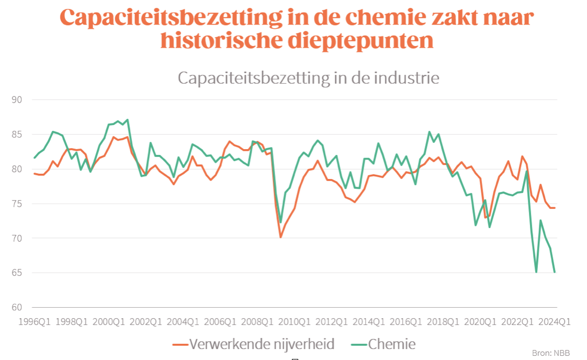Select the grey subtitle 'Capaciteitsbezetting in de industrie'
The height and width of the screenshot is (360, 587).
pyautogui.click(x=308, y=78)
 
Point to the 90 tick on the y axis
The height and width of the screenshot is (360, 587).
pyautogui.click(x=22, y=99)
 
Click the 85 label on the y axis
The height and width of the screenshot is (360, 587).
pyautogui.click(x=22, y=134)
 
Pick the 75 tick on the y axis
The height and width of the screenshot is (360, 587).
pyautogui.click(x=22, y=204)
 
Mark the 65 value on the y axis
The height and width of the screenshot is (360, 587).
pyautogui.click(x=22, y=273)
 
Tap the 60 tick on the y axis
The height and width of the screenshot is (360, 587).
pyautogui.click(x=22, y=307)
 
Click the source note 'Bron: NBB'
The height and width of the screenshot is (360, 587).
pyautogui.click(x=551, y=353)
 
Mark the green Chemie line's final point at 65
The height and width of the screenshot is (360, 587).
pyautogui.click(x=555, y=272)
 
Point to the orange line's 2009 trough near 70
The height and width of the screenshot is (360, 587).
pyautogui.click(x=280, y=237)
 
